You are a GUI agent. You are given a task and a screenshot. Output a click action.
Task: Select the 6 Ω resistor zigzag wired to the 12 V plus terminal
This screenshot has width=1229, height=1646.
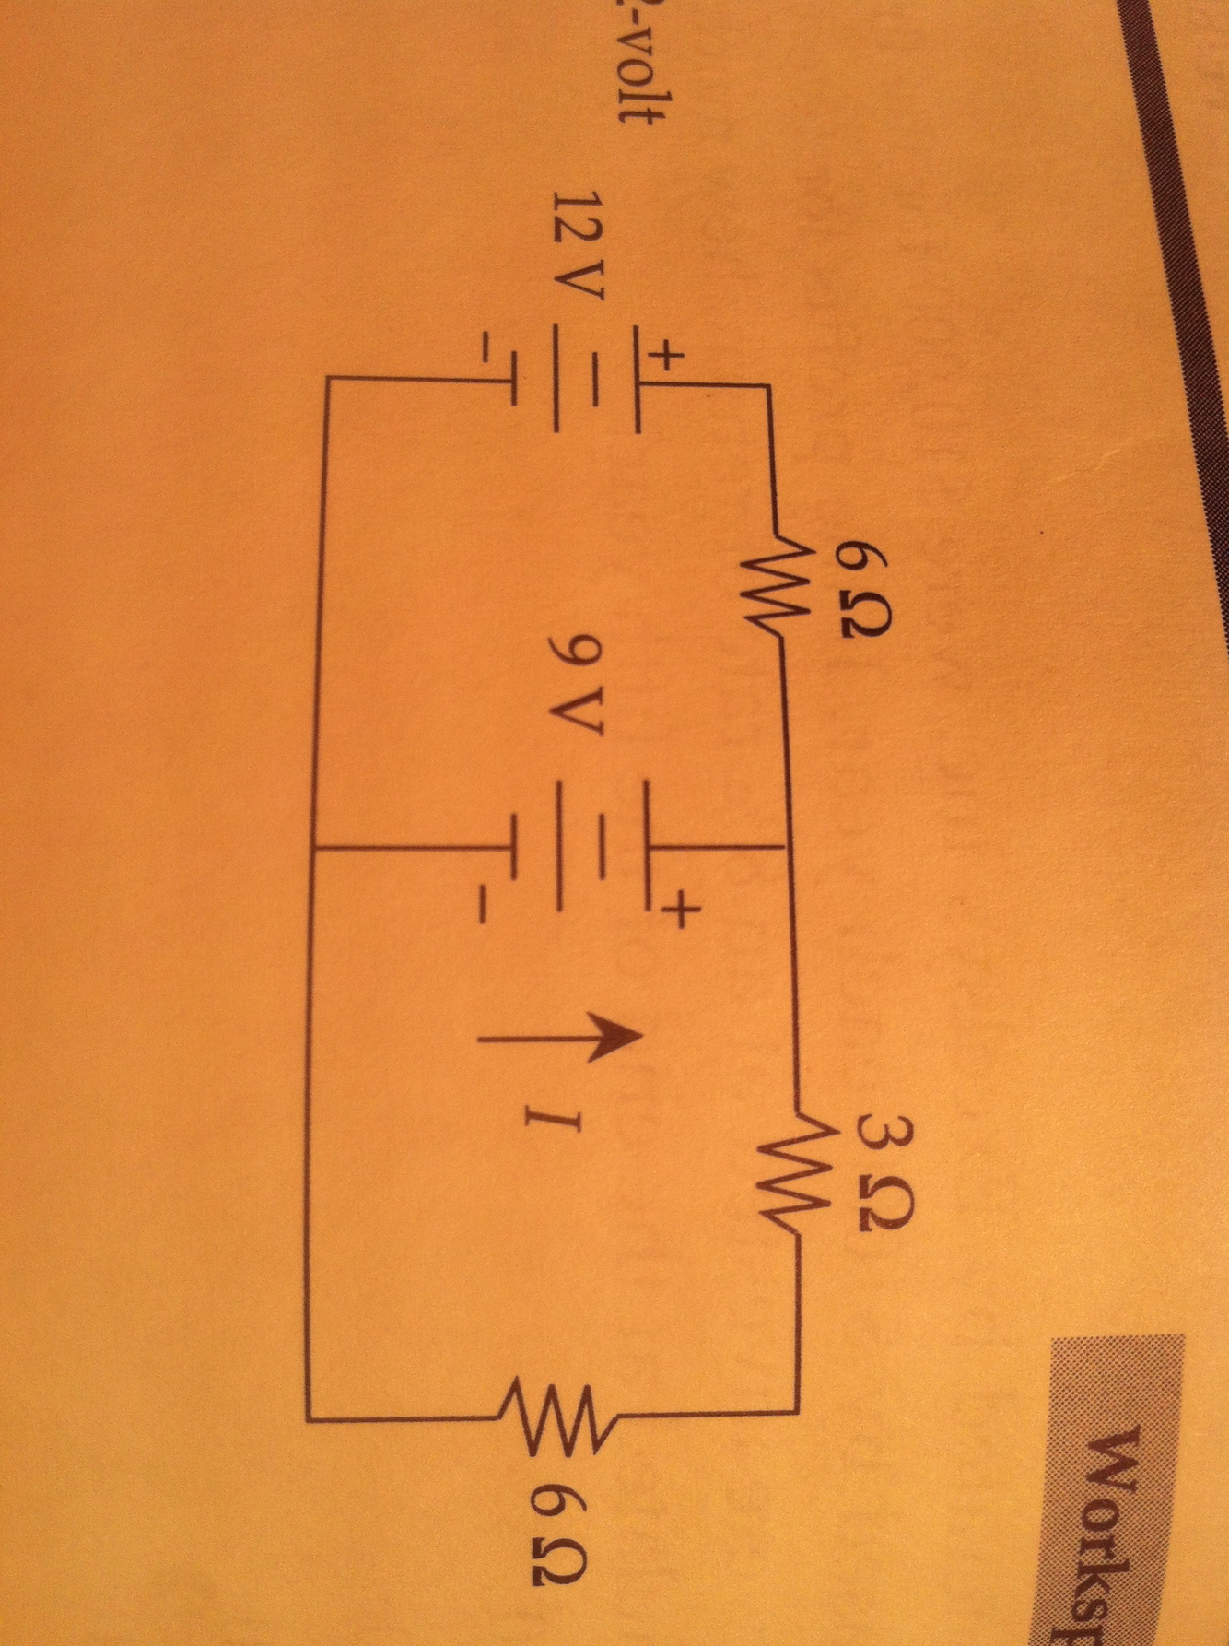click(769, 582)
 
